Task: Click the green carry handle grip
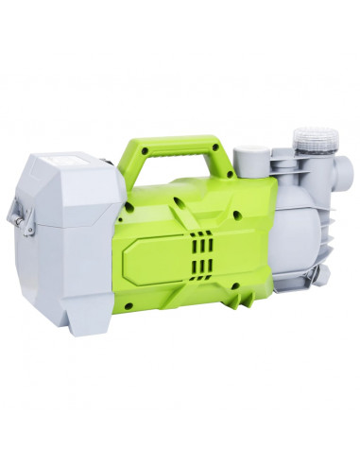point(175,149)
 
